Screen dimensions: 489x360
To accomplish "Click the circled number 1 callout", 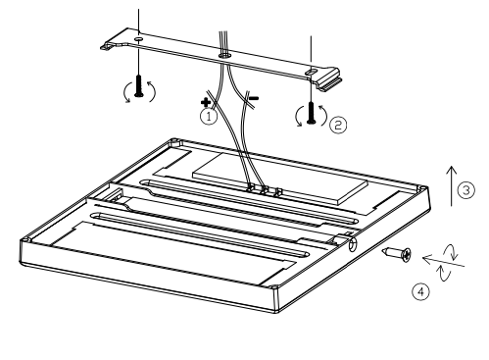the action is (x=209, y=117).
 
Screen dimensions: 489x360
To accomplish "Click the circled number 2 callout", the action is (x=338, y=125).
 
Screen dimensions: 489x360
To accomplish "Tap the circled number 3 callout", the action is (x=466, y=190).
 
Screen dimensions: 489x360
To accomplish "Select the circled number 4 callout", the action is (x=420, y=291).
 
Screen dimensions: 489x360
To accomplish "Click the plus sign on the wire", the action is (x=206, y=102).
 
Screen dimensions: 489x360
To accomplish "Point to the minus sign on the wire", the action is (x=254, y=98).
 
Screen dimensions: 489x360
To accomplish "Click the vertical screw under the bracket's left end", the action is (x=139, y=86).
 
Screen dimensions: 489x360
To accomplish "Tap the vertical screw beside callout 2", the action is (x=312, y=113).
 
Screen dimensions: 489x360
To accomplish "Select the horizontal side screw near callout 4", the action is (x=397, y=253).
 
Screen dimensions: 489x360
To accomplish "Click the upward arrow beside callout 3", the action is (x=452, y=186).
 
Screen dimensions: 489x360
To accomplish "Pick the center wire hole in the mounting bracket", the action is (x=225, y=55).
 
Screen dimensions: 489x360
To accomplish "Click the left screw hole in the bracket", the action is (x=138, y=39).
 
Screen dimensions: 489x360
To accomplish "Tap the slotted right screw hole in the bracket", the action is (x=311, y=72).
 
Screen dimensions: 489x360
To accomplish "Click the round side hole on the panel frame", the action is (x=353, y=244).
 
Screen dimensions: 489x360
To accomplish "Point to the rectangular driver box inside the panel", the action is (x=280, y=179).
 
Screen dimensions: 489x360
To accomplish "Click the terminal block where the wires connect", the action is (x=265, y=190).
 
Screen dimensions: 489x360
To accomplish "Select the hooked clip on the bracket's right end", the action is (x=330, y=79).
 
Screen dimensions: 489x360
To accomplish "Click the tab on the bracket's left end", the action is (x=109, y=46).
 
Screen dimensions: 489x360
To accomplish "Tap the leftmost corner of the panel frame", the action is (x=20, y=242).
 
